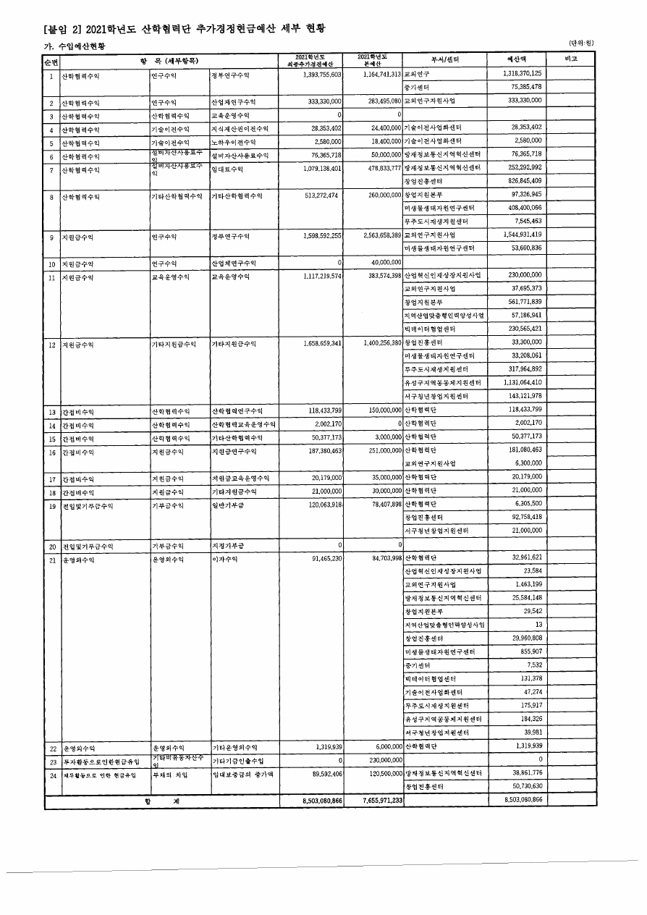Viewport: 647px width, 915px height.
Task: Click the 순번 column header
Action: click(x=51, y=60)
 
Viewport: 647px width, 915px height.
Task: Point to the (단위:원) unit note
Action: click(x=580, y=43)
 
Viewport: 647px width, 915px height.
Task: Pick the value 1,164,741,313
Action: click(x=377, y=75)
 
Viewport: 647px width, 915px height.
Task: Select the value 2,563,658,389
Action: click(x=377, y=236)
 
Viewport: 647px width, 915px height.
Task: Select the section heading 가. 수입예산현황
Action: click(x=75, y=45)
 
